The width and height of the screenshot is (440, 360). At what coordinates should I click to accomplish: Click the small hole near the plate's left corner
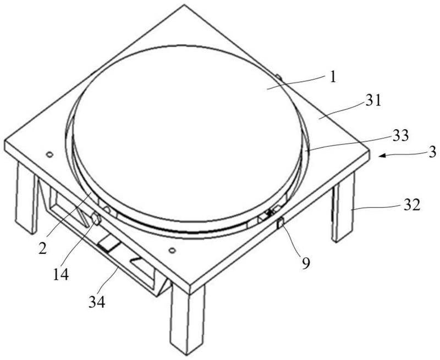pyautogui.click(x=50, y=155)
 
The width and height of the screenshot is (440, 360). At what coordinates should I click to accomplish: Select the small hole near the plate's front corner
pyautogui.click(x=172, y=250)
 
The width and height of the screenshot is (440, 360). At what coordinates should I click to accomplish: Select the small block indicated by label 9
pyautogui.click(x=280, y=223)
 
